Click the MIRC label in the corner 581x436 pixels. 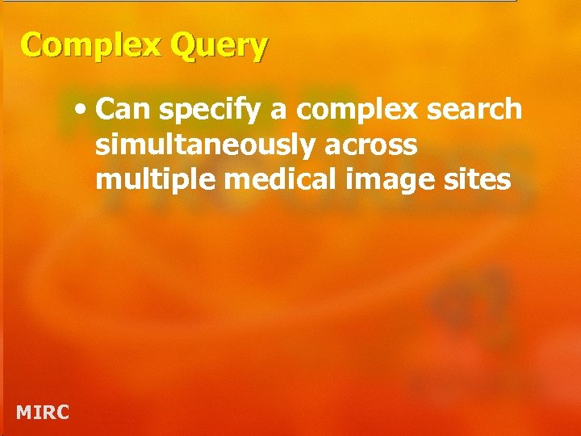(x=43, y=413)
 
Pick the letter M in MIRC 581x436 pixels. (x=24, y=413)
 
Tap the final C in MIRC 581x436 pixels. (x=62, y=413)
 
